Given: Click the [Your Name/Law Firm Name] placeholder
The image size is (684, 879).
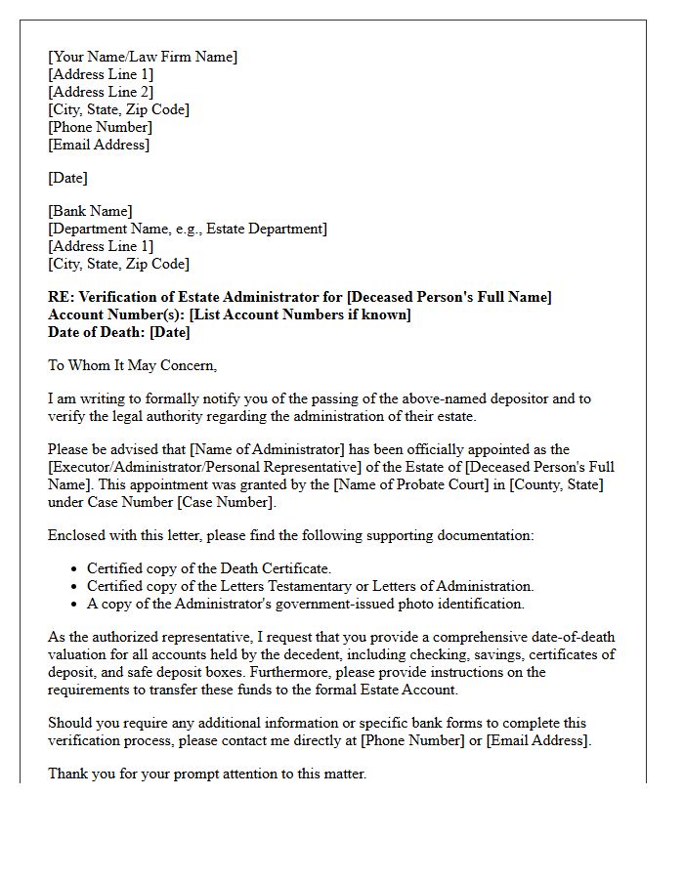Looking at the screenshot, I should click(x=143, y=57).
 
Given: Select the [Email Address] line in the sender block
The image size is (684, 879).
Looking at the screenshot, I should click(x=99, y=145).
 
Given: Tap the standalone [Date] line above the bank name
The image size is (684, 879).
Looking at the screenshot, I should click(x=67, y=178).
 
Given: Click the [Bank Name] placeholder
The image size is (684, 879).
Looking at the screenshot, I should click(x=90, y=211).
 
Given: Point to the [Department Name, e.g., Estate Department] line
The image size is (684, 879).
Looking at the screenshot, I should click(x=188, y=229).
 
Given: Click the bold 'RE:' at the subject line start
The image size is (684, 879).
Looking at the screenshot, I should click(x=61, y=297).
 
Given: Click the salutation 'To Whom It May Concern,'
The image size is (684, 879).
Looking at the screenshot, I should click(x=132, y=365).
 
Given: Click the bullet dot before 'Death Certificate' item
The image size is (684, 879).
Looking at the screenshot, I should click(x=75, y=568).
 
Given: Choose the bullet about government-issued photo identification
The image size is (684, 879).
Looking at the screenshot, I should click(x=305, y=604).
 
